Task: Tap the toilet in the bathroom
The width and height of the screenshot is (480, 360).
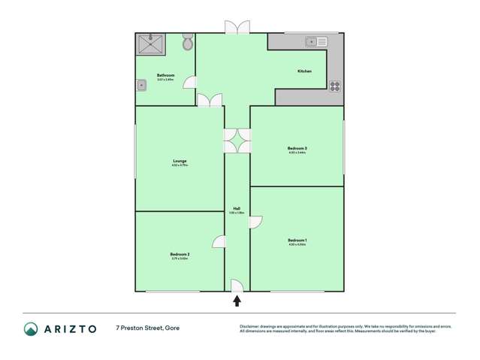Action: (x=187, y=42)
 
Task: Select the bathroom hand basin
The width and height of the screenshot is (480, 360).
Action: (x=141, y=85)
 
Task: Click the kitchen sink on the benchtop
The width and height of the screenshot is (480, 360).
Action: (x=316, y=41)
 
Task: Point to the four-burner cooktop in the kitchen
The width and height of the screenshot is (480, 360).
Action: (x=334, y=86)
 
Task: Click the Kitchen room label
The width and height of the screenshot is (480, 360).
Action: (x=304, y=71)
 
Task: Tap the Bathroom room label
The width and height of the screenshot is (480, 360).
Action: (x=165, y=75)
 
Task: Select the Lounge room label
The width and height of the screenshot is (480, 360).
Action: (x=180, y=161)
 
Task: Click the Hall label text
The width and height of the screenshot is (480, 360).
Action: (x=237, y=209)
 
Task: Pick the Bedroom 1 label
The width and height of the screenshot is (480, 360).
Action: (x=297, y=241)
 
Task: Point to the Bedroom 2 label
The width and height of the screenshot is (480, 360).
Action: (x=180, y=255)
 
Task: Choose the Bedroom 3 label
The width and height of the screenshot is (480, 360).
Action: (x=297, y=148)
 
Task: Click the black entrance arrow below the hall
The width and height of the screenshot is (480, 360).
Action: (x=237, y=301)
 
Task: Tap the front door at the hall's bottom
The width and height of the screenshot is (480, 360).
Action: (x=235, y=285)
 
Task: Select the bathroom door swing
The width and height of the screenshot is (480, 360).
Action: (x=190, y=83)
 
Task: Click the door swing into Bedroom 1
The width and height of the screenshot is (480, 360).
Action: (x=255, y=221)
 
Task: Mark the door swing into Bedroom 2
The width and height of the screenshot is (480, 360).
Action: (x=219, y=241)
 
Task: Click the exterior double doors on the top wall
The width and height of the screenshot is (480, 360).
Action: (x=237, y=27)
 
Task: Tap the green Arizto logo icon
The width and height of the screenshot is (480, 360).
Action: (x=31, y=328)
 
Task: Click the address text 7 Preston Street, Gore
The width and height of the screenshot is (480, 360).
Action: (x=147, y=328)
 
